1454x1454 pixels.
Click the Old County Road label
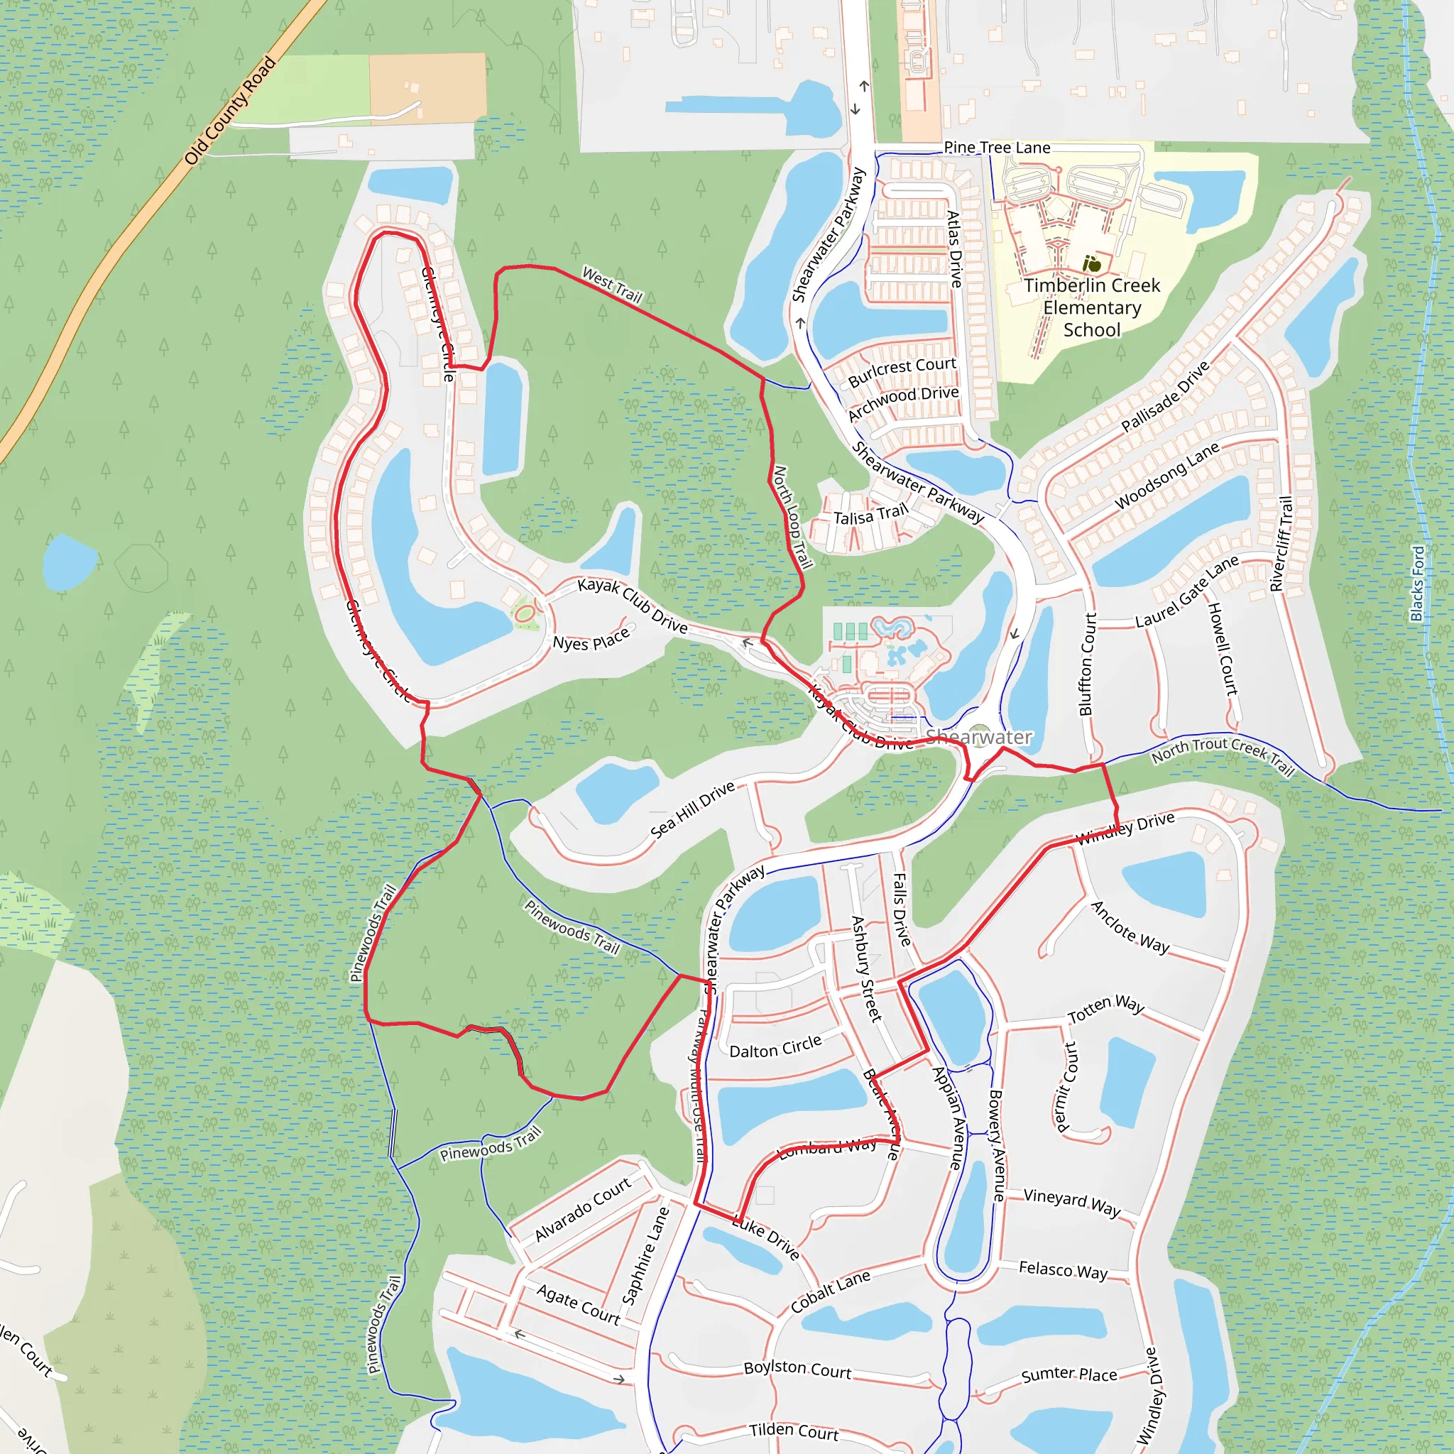point(230,111)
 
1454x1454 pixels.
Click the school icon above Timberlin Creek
point(1091,264)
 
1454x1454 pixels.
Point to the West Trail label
point(613,285)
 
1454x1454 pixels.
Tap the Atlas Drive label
point(954,249)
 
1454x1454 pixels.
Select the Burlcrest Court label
point(902,371)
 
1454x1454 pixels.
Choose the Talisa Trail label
point(870,515)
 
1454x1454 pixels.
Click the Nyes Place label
point(591,640)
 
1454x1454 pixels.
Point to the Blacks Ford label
point(1418,584)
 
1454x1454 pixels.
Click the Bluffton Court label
point(1088,664)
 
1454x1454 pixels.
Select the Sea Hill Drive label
point(692,809)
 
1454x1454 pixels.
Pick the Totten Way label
point(1105,1008)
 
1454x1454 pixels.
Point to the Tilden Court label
point(793,1431)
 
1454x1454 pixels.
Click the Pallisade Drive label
point(1165,397)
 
